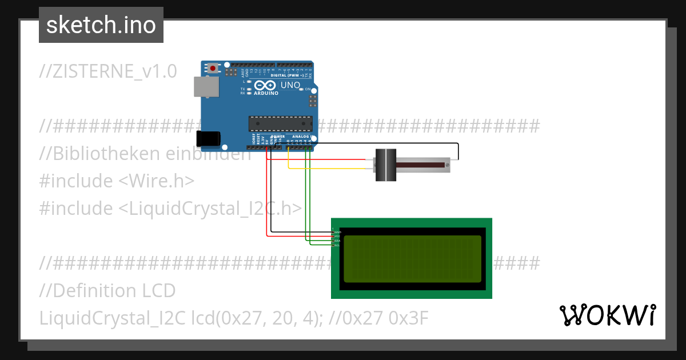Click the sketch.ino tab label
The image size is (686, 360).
click(x=101, y=25)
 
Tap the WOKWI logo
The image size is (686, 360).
click(x=607, y=315)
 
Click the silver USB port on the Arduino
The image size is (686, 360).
click(x=206, y=86)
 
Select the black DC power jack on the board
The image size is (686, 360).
click(x=208, y=139)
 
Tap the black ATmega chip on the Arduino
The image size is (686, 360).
click(x=280, y=123)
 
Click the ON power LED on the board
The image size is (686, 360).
click(x=301, y=90)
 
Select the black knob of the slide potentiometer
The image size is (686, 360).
click(x=386, y=165)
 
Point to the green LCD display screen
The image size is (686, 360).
click(x=412, y=259)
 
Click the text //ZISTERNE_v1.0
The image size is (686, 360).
click(x=108, y=71)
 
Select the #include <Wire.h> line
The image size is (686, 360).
click(x=117, y=181)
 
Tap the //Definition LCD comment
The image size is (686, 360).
click(x=107, y=291)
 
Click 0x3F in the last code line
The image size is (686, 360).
click(x=408, y=318)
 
